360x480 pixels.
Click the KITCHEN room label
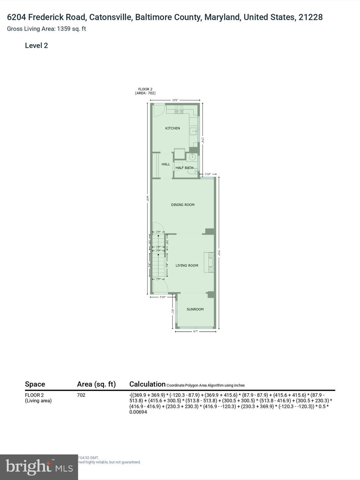tap(172, 128)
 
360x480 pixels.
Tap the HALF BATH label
tap(184, 168)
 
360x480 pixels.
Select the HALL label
tap(166, 164)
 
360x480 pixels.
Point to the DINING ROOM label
tap(182, 205)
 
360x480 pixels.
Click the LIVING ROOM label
tap(187, 265)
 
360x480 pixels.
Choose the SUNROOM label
tap(195, 309)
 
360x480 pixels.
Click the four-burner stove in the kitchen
tap(179, 109)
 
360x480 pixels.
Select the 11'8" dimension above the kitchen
tap(175, 100)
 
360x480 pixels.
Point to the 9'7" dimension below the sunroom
tap(196, 331)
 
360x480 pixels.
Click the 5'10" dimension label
tap(162, 297)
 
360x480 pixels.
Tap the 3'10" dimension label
tap(208, 174)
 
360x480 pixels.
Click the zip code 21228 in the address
tap(310, 17)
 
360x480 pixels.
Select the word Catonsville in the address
tap(110, 17)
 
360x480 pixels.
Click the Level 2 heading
tap(36, 46)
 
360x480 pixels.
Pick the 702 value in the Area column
tap(81, 395)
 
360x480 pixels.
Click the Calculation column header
tap(147, 384)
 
